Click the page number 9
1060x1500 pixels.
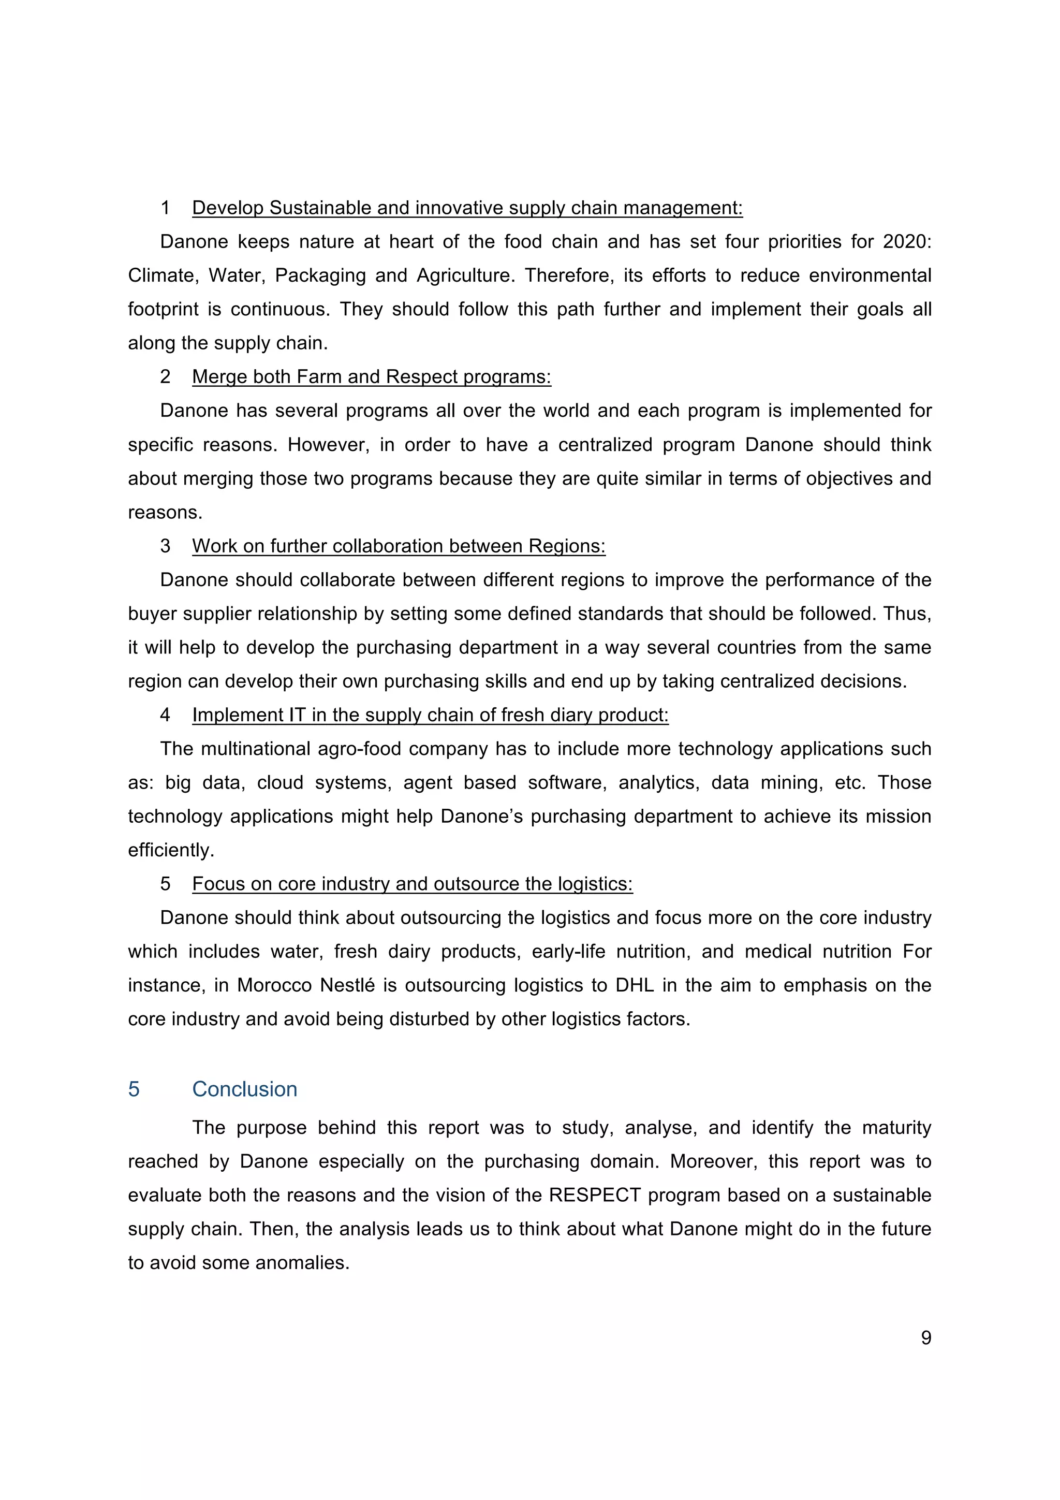[925, 1337]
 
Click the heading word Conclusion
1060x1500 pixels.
[244, 1089]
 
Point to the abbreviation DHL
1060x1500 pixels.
[634, 985]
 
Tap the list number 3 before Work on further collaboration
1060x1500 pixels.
[165, 546]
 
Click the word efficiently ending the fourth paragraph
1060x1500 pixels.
[170, 851]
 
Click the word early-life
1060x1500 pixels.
[568, 952]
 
